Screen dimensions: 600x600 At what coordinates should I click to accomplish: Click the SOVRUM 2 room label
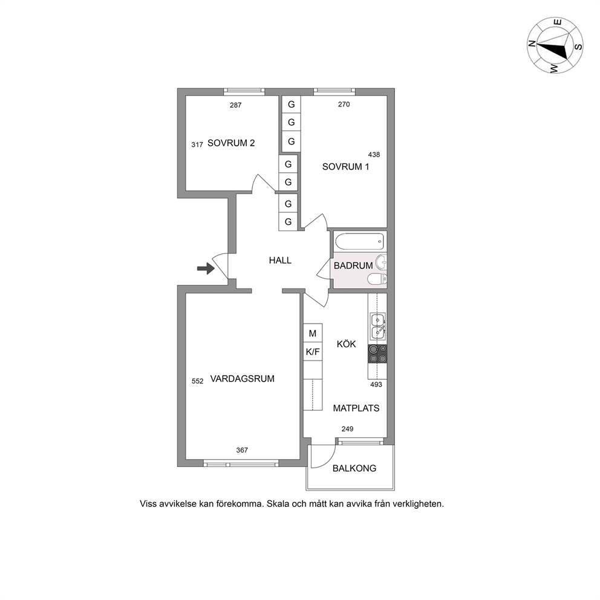tap(231, 143)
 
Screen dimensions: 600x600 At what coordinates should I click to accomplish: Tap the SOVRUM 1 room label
tap(345, 167)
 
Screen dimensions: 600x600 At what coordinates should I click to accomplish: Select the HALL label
tap(280, 261)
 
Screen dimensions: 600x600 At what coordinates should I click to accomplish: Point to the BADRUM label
tap(353, 266)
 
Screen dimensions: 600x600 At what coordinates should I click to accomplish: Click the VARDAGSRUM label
tap(242, 379)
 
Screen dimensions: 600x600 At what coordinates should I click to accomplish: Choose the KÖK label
tap(347, 344)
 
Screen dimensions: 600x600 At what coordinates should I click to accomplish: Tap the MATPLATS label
tap(356, 408)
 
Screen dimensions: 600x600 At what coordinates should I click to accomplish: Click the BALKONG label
tap(354, 468)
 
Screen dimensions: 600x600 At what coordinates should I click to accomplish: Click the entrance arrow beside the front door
tap(206, 269)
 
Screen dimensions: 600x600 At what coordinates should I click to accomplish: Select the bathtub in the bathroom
tap(359, 242)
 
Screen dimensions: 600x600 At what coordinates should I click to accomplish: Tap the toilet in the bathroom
tap(377, 279)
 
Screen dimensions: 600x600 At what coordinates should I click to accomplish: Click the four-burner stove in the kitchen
tap(377, 354)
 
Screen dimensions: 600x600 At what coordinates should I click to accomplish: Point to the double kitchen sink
tap(377, 327)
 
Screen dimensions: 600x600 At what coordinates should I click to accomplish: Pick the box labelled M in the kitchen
tap(313, 334)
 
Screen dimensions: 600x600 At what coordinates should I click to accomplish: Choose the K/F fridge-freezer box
tap(313, 352)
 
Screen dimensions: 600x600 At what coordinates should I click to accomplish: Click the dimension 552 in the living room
tap(197, 382)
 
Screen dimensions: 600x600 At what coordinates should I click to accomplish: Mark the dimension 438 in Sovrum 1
tap(374, 155)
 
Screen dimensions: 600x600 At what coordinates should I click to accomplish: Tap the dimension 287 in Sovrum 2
tap(236, 105)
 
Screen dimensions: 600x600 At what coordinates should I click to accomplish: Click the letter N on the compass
tap(531, 44)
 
